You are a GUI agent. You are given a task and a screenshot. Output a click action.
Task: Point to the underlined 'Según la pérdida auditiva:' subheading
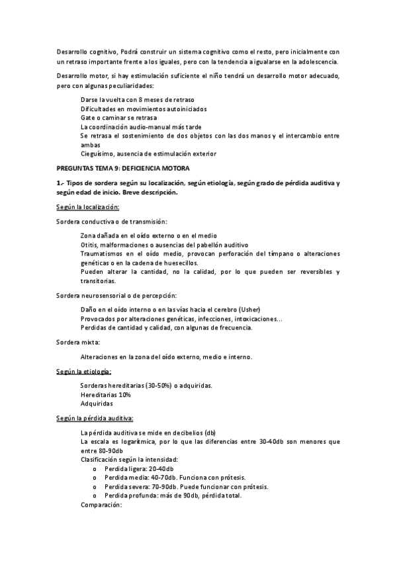[95, 417]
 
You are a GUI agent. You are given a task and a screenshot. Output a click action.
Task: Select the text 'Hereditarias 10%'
[105, 394]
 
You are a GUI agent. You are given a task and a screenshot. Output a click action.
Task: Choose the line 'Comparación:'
[101, 505]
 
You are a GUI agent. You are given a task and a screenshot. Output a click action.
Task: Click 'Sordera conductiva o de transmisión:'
[111, 221]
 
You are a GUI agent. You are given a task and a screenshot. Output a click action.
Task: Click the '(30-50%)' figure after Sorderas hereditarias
[153, 385]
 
